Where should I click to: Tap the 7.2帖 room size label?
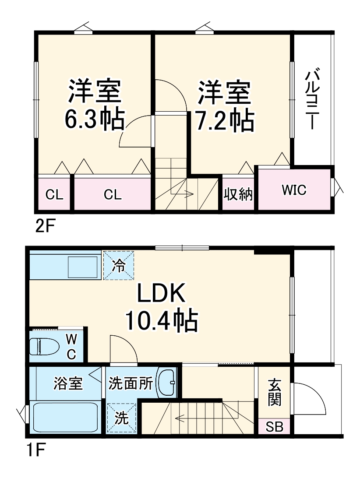point(224,120)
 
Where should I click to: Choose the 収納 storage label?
point(238,194)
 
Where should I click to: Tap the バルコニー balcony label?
point(311,99)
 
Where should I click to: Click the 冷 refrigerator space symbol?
point(118,265)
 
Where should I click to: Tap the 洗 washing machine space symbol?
point(121,418)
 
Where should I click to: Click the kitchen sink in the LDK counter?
point(83,266)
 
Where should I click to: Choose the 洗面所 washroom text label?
point(131,383)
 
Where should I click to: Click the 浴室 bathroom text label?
point(68,383)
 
